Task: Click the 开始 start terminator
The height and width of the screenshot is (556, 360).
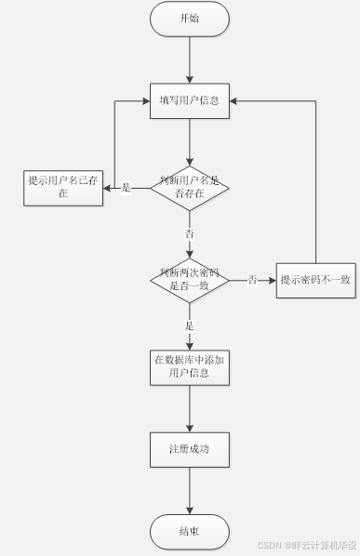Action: pyautogui.click(x=189, y=19)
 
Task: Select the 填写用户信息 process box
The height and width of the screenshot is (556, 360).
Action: pyautogui.click(x=189, y=99)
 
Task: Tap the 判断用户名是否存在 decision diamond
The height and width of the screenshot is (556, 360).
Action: pyautogui.click(x=189, y=187)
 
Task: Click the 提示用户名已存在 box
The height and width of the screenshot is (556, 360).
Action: pyautogui.click(x=63, y=187)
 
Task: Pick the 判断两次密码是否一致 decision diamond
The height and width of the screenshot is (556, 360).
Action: pyautogui.click(x=189, y=279)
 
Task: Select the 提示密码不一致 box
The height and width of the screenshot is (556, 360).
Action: pyautogui.click(x=316, y=279)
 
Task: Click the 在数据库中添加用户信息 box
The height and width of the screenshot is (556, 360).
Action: pyautogui.click(x=189, y=366)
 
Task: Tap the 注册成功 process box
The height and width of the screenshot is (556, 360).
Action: pyautogui.click(x=189, y=449)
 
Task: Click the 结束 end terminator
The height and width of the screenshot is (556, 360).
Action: pyautogui.click(x=189, y=531)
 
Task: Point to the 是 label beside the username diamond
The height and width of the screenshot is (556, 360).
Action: pyautogui.click(x=127, y=188)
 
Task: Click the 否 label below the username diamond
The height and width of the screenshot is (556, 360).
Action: pyautogui.click(x=190, y=232)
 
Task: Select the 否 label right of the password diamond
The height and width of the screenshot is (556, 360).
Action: pyautogui.click(x=252, y=280)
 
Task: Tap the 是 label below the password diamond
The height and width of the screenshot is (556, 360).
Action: pyautogui.click(x=190, y=325)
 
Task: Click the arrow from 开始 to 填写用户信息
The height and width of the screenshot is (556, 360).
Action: pyautogui.click(x=189, y=60)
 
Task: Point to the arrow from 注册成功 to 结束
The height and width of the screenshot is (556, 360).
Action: pyautogui.click(x=189, y=490)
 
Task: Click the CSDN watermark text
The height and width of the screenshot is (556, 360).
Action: pyautogui.click(x=307, y=545)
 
